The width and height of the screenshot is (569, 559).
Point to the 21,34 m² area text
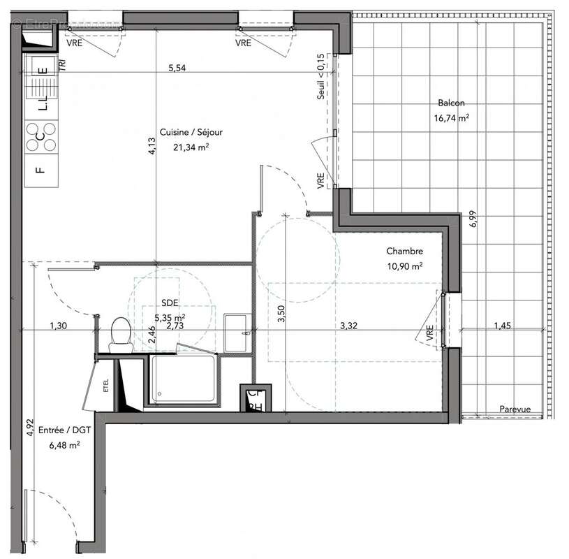pos(185,147)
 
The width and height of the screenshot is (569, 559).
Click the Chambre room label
pos(405,252)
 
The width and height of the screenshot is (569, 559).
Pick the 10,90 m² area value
pos(405,266)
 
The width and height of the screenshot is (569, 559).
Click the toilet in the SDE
pos(121,334)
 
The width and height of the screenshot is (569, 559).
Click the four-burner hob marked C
pos(41,136)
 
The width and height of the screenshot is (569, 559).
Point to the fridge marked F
pos(40,168)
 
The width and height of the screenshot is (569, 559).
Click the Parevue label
pos(515,410)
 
